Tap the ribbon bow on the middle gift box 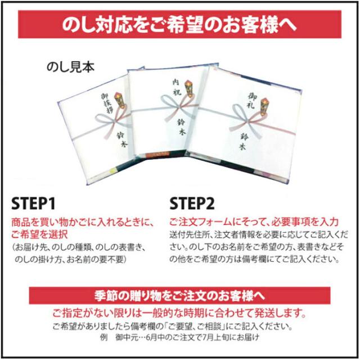click(172, 103)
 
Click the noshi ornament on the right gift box click(264, 106)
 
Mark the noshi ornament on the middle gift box click(190, 89)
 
